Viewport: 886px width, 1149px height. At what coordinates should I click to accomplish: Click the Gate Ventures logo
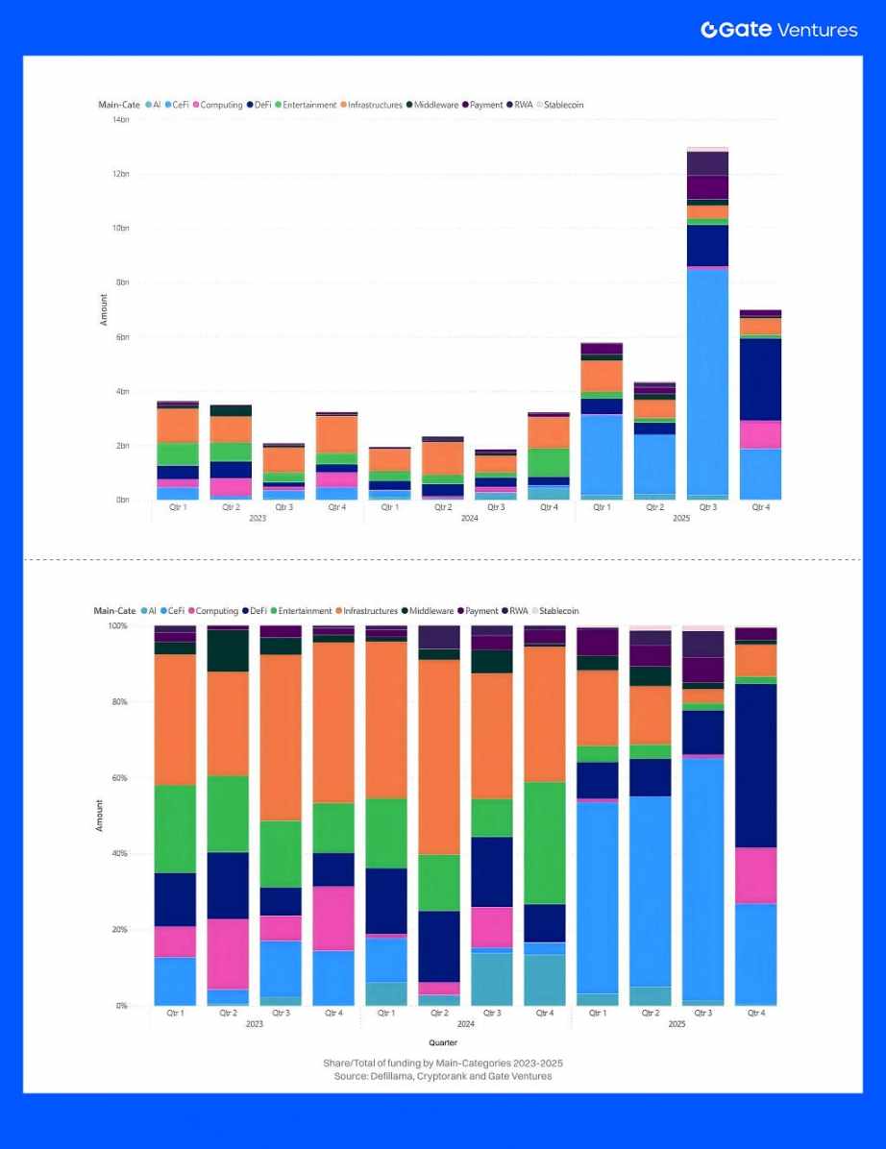(778, 30)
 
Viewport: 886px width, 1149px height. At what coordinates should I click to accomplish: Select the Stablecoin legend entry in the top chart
(563, 105)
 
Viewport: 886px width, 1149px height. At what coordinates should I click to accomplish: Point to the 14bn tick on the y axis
(121, 120)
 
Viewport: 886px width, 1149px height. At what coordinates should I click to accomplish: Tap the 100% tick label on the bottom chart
(117, 626)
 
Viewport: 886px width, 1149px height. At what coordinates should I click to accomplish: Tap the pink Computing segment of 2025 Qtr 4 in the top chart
(760, 435)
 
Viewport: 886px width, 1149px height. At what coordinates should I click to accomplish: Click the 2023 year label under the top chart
(257, 519)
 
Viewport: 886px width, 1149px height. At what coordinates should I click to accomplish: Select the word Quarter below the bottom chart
(443, 1042)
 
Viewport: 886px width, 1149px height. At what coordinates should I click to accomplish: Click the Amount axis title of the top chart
(104, 309)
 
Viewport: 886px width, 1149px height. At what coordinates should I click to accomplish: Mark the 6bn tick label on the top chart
(121, 337)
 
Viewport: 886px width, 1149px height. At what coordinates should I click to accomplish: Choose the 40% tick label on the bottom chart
(119, 854)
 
